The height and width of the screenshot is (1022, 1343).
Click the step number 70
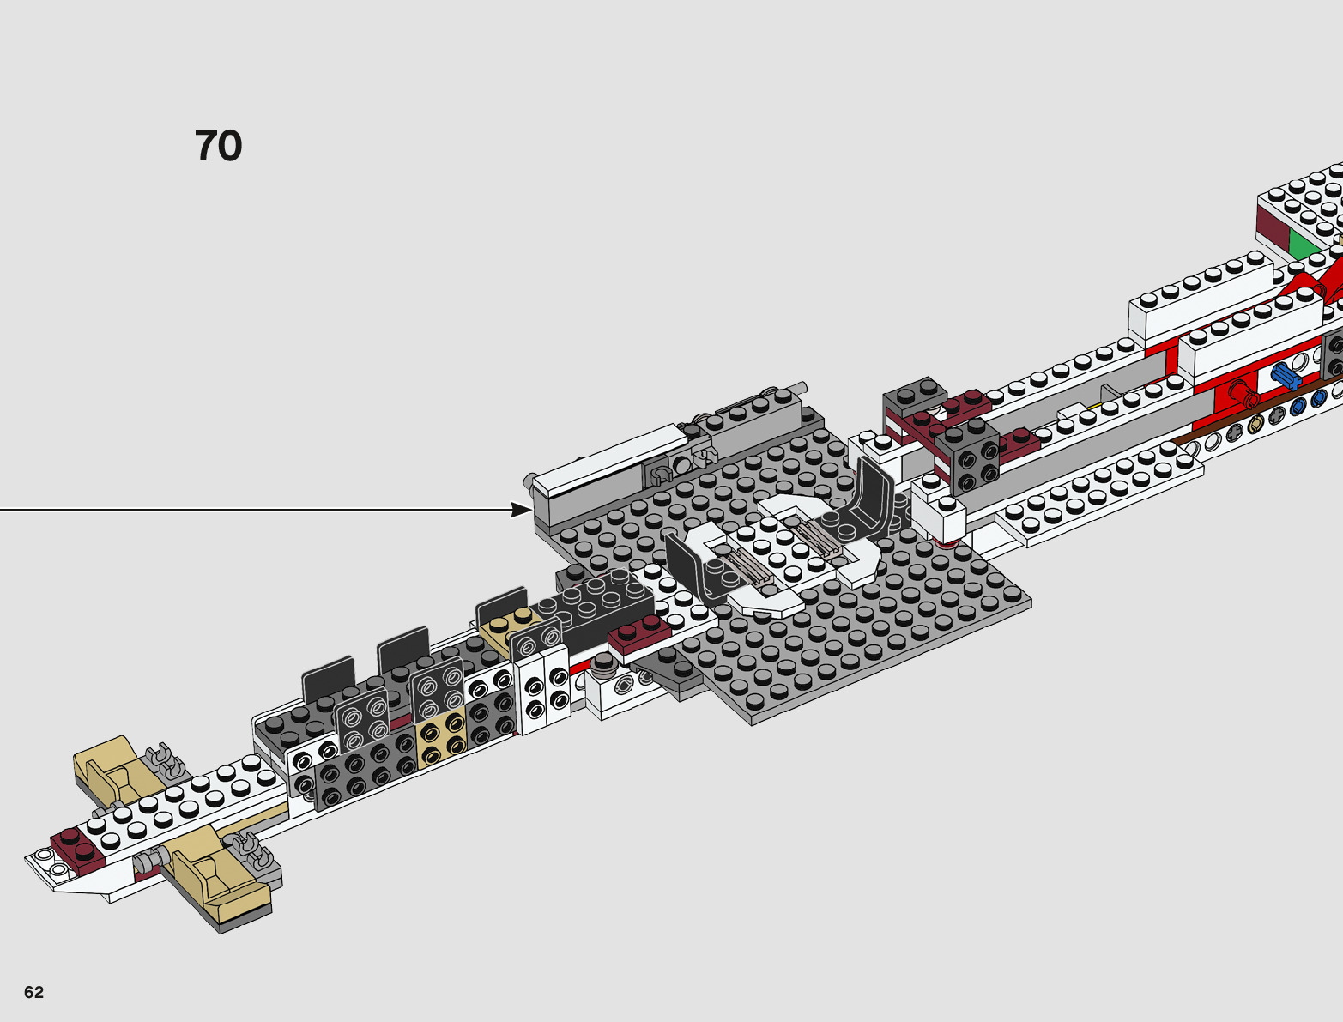point(218,146)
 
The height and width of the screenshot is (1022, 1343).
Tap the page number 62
point(33,992)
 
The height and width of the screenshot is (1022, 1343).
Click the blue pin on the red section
point(1285,375)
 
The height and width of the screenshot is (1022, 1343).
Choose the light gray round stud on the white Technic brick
point(606,662)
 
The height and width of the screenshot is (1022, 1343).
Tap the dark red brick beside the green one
point(1272,226)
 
